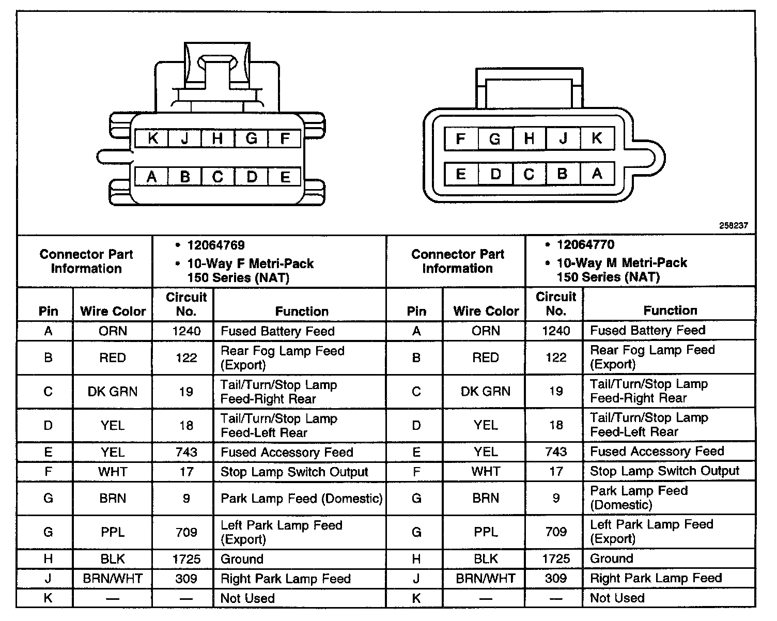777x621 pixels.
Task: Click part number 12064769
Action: pyautogui.click(x=216, y=245)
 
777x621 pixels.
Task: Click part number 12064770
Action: pyautogui.click(x=585, y=244)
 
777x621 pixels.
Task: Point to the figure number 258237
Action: pyautogui.click(x=733, y=226)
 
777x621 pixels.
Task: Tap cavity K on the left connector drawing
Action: pyautogui.click(x=152, y=138)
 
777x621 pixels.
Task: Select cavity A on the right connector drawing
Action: pyautogui.click(x=597, y=174)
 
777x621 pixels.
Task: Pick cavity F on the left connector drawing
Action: pyautogui.click(x=284, y=138)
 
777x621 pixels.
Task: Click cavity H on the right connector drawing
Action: pyautogui.click(x=529, y=138)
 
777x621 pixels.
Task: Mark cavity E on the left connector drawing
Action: pyautogui.click(x=285, y=177)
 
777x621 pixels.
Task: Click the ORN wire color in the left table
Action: pyautogui.click(x=113, y=331)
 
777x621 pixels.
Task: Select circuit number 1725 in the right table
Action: pyautogui.click(x=556, y=558)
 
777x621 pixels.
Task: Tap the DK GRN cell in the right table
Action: pyautogui.click(x=485, y=391)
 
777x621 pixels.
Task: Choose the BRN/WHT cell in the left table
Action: pyautogui.click(x=113, y=579)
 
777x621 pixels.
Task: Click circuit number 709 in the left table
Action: pyautogui.click(x=186, y=532)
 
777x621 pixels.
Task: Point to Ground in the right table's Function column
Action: pyautogui.click(x=611, y=558)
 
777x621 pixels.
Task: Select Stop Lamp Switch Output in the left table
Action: pyautogui.click(x=294, y=472)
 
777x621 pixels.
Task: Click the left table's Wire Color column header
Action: pyautogui.click(x=113, y=311)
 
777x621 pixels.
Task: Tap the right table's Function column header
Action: pyautogui.click(x=670, y=310)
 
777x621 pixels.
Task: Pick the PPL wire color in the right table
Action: pyautogui.click(x=485, y=532)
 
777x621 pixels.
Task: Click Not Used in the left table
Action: pyautogui.click(x=247, y=598)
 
